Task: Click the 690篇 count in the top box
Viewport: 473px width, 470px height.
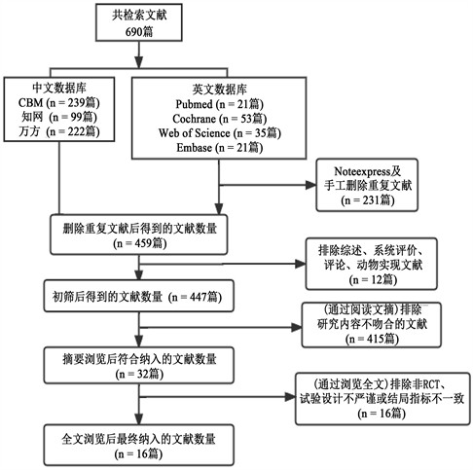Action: (139, 31)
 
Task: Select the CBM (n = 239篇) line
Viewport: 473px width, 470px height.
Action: (59, 102)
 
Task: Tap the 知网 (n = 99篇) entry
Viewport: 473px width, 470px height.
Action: (59, 117)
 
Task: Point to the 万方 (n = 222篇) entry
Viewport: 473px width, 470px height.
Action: (59, 131)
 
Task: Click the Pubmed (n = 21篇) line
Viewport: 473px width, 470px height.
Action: (220, 104)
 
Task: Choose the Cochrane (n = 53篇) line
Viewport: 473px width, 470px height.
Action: (220, 119)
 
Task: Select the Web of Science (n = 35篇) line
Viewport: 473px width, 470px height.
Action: (220, 133)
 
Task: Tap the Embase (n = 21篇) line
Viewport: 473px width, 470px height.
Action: (220, 148)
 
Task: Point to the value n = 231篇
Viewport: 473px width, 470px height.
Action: (368, 199)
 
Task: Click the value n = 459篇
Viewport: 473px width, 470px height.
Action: (140, 243)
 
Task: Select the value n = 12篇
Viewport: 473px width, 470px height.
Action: (373, 279)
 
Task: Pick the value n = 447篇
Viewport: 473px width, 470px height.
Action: (195, 297)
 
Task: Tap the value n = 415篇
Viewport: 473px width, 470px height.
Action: (372, 339)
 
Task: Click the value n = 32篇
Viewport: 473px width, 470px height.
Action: (139, 374)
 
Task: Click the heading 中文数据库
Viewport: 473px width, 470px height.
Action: (59, 88)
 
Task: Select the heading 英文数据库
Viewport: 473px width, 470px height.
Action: (220, 90)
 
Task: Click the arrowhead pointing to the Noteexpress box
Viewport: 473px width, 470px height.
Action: (310, 185)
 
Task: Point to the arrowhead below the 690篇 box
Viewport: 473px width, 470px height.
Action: (139, 62)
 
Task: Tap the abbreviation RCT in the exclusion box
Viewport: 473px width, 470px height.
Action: (431, 384)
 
